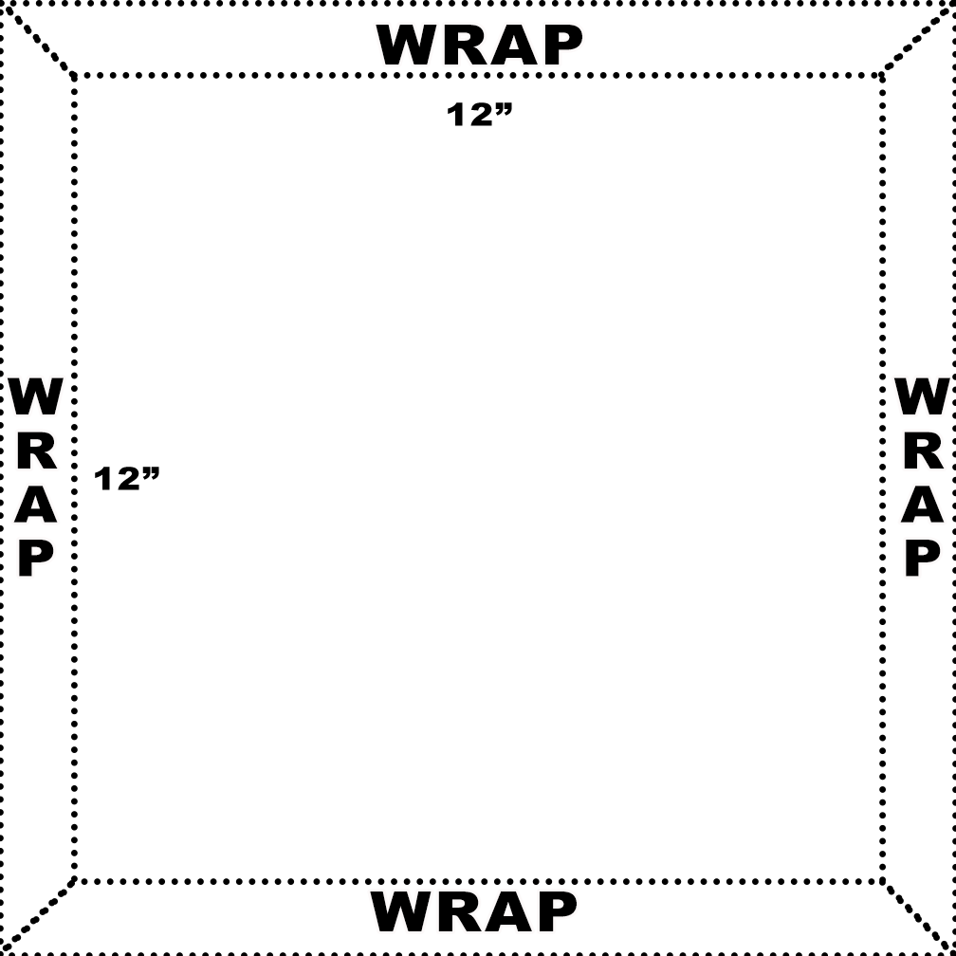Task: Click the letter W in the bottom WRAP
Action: point(402,911)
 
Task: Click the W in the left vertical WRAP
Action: point(36,396)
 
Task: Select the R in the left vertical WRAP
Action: point(36,452)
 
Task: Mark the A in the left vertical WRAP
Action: point(36,506)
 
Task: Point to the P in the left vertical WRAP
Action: point(36,559)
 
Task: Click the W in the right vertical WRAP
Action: point(922,396)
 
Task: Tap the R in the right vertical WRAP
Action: point(922,452)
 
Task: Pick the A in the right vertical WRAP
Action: point(922,506)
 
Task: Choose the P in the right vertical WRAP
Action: point(922,559)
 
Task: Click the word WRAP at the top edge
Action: point(480,46)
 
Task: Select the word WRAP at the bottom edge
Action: point(473,911)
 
